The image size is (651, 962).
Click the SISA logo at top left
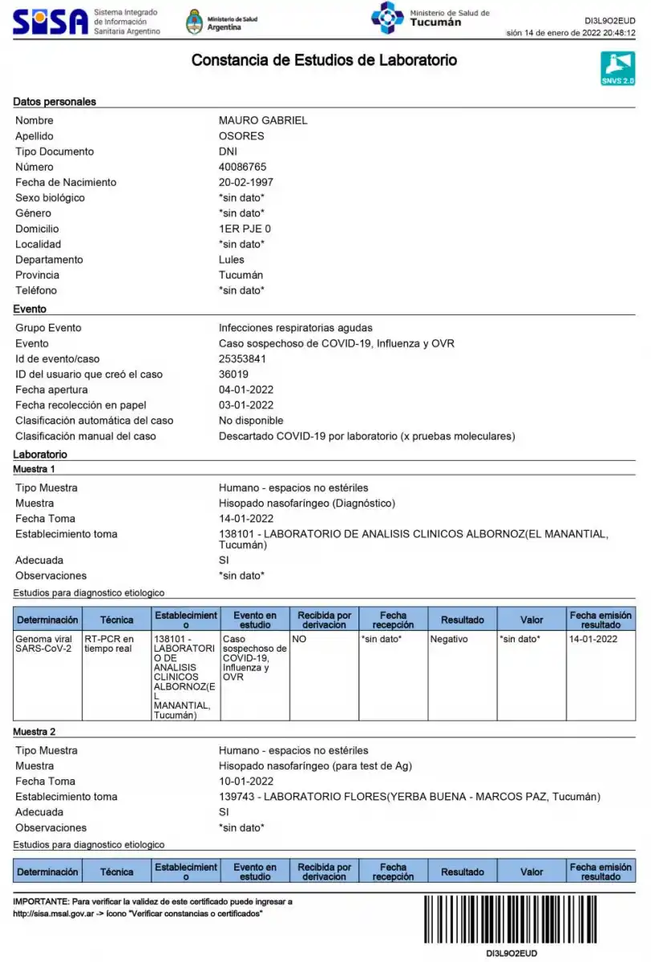[x=50, y=22]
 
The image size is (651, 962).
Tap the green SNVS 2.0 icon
[x=617, y=69]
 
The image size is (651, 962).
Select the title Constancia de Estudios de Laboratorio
[x=324, y=60]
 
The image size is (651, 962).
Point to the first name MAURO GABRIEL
[x=263, y=120]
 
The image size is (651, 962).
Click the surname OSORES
[x=241, y=136]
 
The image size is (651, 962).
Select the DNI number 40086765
[x=242, y=167]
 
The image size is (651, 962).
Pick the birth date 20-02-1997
[x=246, y=182]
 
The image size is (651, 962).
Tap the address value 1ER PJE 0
[x=245, y=228]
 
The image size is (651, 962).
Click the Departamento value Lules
[x=232, y=260]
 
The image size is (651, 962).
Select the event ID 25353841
[x=242, y=358]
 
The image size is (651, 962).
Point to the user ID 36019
[x=233, y=374]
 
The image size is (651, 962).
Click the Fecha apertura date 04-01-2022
[x=246, y=390]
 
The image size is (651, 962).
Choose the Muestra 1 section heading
[x=34, y=469]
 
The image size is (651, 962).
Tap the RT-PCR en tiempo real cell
[x=108, y=644]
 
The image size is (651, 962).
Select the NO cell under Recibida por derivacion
[x=300, y=639]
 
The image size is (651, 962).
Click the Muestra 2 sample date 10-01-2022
[x=246, y=781]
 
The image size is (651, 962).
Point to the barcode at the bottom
[x=528, y=919]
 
